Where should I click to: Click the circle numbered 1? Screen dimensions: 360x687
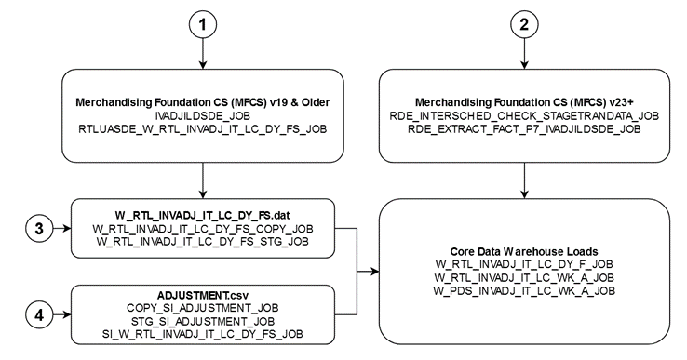point(202,25)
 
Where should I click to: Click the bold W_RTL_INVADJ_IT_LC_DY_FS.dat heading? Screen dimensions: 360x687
point(202,212)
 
